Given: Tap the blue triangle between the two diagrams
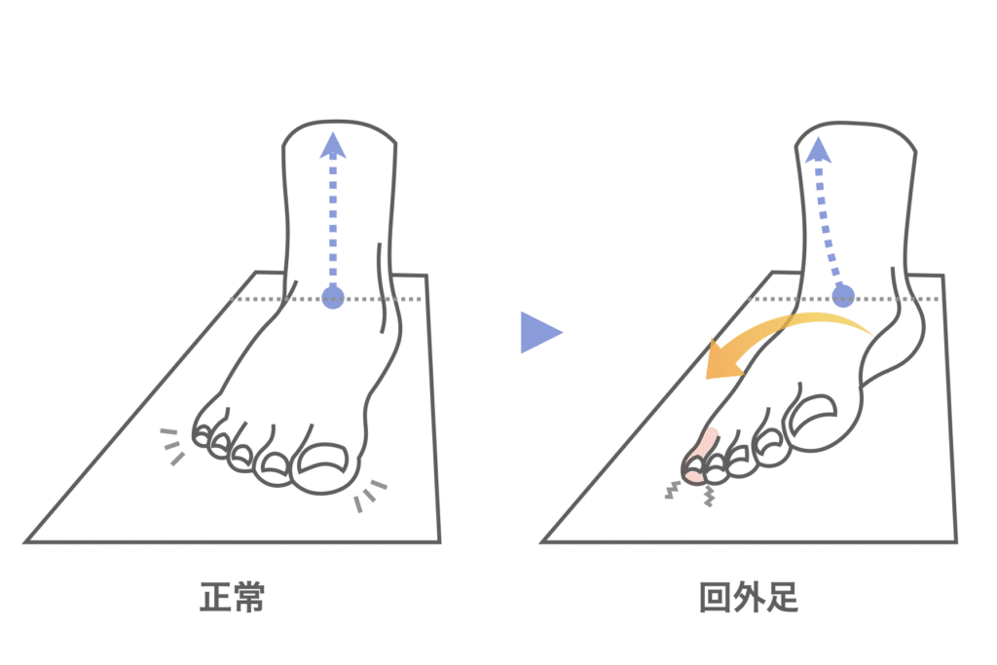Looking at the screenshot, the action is point(540,332).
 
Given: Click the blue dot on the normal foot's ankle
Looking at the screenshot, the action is point(333,298).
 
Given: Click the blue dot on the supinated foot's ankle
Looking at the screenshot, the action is point(843,296).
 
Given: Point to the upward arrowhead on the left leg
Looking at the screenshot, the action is point(333,145).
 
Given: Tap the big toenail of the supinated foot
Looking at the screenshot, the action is point(812,411).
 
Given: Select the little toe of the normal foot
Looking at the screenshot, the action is point(203,435).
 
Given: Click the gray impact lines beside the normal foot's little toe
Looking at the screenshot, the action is point(171,446).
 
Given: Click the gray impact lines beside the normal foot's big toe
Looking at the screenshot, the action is point(369,496).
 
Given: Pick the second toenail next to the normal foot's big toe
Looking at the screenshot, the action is point(276,462).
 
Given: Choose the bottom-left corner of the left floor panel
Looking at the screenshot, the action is point(24,542).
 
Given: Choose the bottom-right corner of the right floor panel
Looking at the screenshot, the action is point(956,542).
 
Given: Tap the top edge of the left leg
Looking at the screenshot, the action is point(339,121).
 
